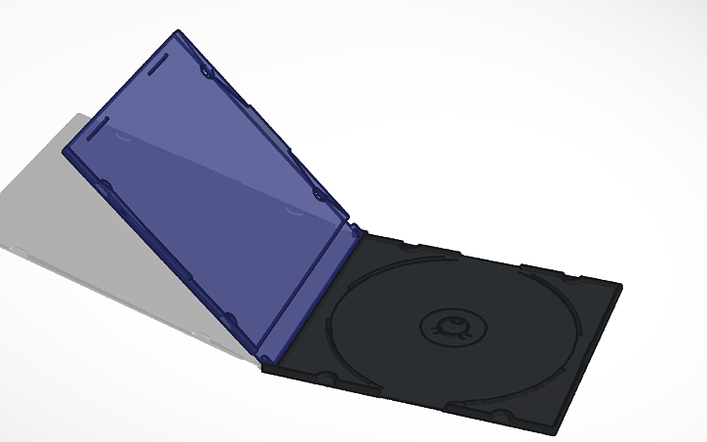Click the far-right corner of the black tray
click(x=619, y=285)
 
